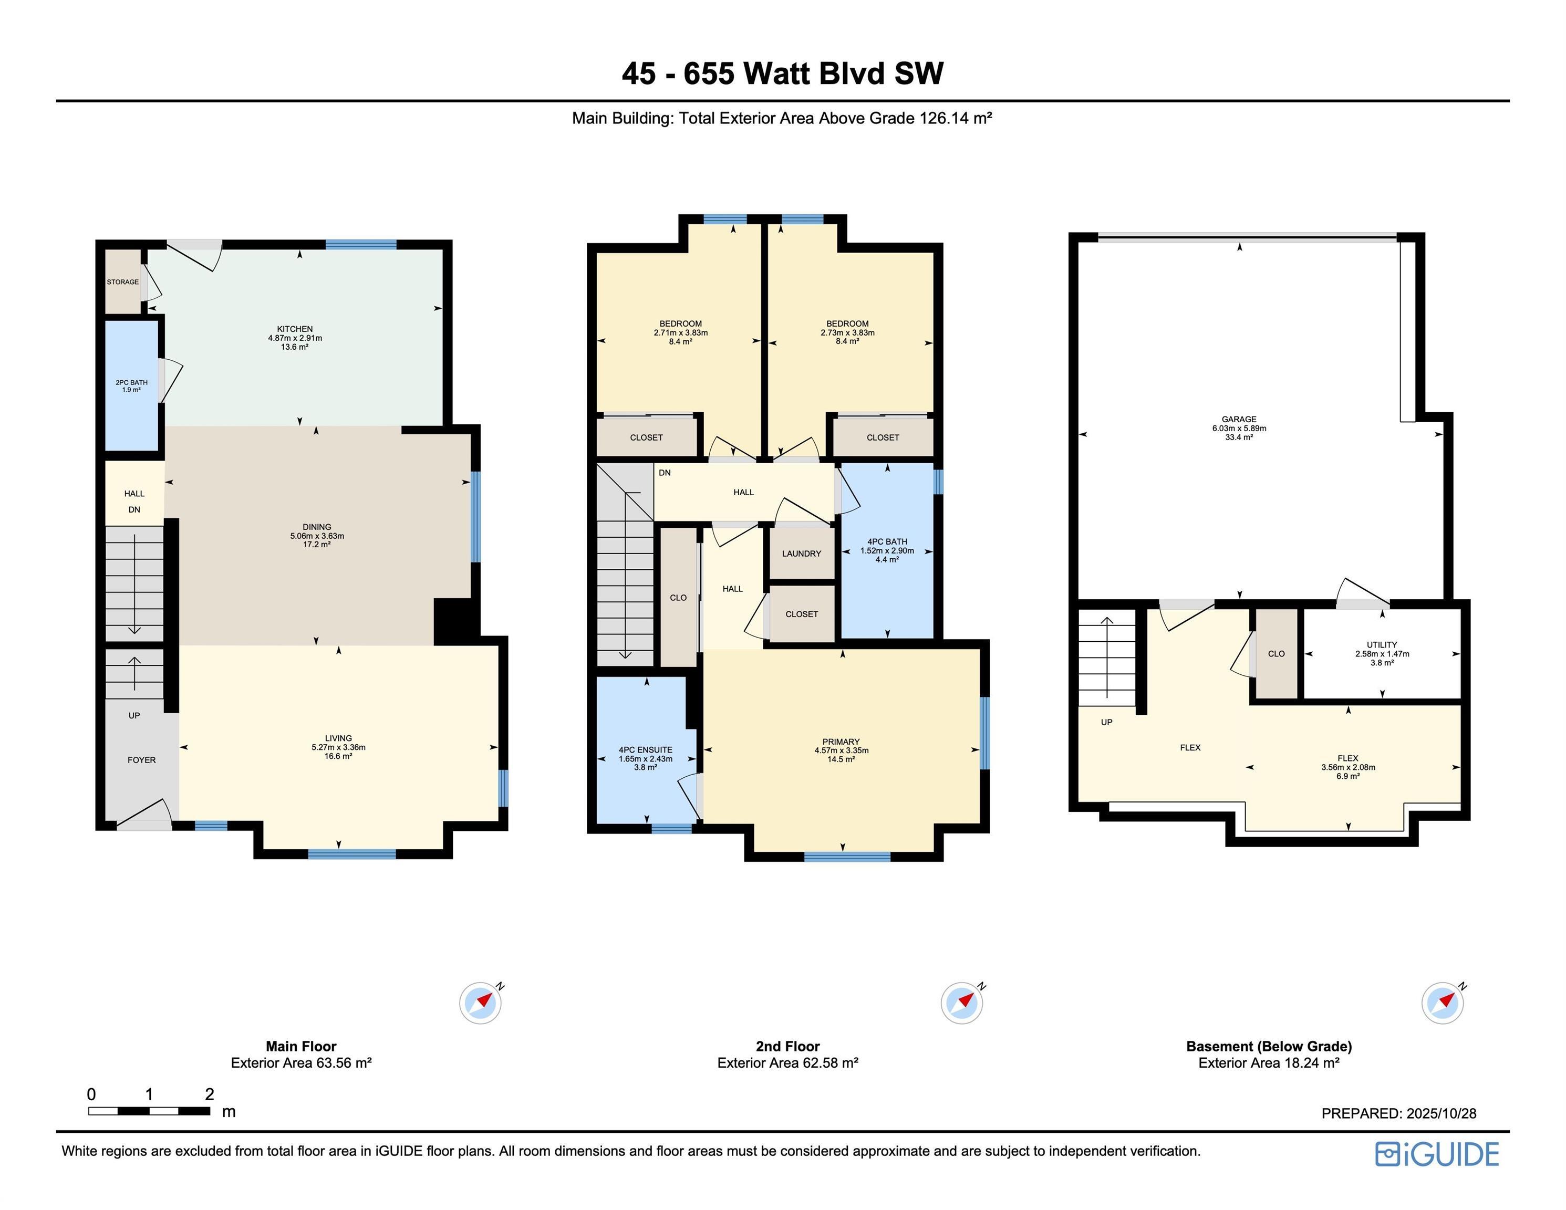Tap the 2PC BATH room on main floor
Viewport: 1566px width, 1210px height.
[x=131, y=385]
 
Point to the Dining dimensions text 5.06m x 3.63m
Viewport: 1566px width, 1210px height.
[x=317, y=536]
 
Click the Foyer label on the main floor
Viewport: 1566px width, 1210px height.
[x=141, y=760]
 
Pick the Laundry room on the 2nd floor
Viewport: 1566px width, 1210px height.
[x=801, y=554]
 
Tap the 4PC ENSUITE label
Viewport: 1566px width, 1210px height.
[x=645, y=750]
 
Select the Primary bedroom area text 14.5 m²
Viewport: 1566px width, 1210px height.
[x=841, y=759]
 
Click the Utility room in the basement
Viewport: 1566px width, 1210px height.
[x=1381, y=653]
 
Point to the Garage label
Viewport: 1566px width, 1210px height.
[x=1239, y=419]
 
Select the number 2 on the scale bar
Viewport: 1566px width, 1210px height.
[x=210, y=1094]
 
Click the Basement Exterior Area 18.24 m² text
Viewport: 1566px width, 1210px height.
[x=1269, y=1062]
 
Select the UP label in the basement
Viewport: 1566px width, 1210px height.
[x=1106, y=722]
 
